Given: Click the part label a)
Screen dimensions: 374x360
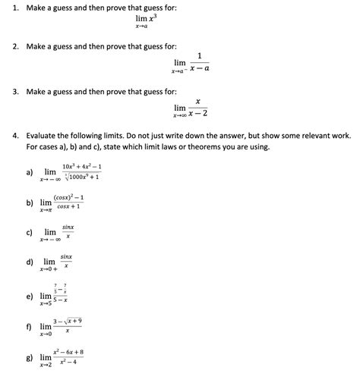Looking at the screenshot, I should point(30,172).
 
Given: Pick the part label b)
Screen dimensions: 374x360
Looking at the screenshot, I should point(30,203).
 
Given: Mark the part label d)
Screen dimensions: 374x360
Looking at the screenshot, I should point(30,262).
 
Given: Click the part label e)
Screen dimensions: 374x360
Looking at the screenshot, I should point(30,296).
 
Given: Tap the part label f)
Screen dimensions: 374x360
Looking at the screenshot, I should point(30,327).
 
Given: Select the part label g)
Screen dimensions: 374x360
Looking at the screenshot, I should point(30,357).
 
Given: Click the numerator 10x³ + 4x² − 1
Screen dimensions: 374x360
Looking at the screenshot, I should point(82,165).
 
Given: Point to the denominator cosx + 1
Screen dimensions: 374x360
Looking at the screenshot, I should point(68,207).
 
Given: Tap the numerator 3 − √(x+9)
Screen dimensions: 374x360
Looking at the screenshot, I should point(68,322).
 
